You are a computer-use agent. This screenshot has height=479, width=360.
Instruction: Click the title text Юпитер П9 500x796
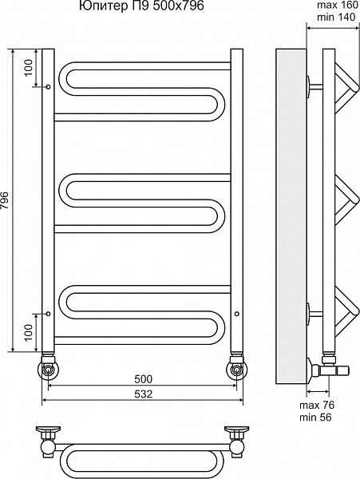pos(141,6)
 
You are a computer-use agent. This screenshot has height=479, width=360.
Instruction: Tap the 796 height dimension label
pos(6,200)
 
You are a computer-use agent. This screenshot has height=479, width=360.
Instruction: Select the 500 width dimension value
pos(143,379)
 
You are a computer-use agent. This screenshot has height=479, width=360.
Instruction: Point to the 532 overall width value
pos(143,394)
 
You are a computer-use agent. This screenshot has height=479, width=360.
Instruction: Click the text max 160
pos(337,6)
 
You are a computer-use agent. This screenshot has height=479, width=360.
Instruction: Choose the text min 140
pos(336,17)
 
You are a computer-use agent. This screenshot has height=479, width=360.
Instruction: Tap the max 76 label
pos(317,405)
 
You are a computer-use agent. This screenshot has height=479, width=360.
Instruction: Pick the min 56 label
pos(315,417)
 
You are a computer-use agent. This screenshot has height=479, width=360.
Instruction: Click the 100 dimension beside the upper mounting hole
pos(28,68)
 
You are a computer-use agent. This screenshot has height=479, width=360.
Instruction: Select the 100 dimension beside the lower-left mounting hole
pos(28,332)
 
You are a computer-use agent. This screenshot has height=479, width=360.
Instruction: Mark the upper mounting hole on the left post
pos(48,87)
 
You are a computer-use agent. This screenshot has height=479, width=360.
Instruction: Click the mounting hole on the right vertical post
pos(236,314)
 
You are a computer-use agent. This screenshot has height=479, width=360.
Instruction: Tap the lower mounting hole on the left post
pos(48,314)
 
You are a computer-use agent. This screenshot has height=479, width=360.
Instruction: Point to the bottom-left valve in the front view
pos(48,366)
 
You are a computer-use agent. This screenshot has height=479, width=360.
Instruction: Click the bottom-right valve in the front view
pos(236,366)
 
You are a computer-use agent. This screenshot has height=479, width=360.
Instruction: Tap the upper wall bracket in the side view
pos(314,87)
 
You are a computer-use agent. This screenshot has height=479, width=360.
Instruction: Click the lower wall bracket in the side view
pos(314,314)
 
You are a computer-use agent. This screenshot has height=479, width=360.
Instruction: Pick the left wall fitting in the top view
pos(49,440)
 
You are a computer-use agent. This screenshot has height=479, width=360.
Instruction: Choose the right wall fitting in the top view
pos(236,440)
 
